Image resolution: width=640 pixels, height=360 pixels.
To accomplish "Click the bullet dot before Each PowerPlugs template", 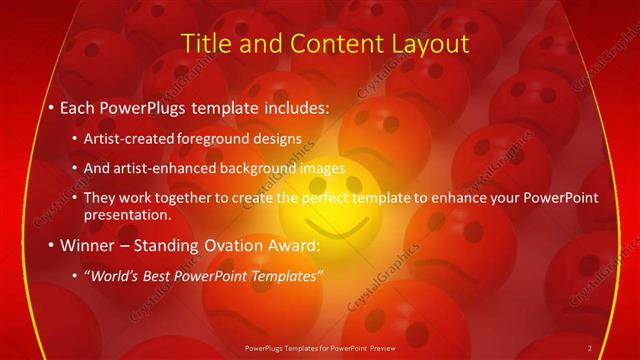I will pos(52,106).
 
